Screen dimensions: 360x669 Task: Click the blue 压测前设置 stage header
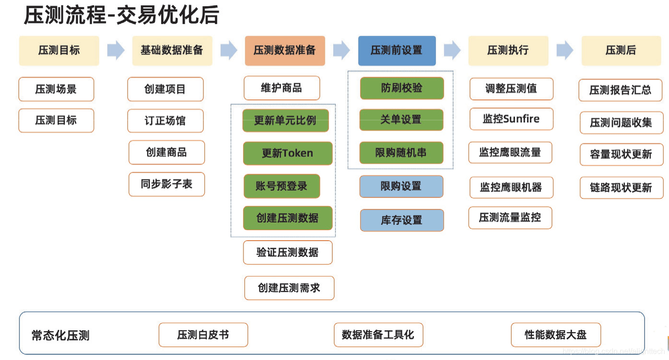pyautogui.click(x=397, y=50)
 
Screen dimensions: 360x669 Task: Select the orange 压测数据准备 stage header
pyautogui.click(x=284, y=50)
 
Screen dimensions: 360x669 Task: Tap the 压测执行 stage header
pyautogui.click(x=508, y=50)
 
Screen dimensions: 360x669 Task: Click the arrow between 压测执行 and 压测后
pyautogui.click(x=565, y=50)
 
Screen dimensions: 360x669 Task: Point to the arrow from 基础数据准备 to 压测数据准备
pyautogui.click(x=229, y=50)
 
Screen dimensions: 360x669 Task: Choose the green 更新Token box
pyautogui.click(x=287, y=153)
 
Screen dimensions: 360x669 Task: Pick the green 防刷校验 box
pyautogui.click(x=401, y=88)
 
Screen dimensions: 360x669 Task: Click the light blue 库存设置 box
pyautogui.click(x=401, y=220)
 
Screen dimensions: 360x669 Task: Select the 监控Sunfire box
pyautogui.click(x=511, y=119)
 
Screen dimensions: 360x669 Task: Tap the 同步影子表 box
pyautogui.click(x=166, y=184)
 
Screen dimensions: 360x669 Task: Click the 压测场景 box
pyautogui.click(x=56, y=89)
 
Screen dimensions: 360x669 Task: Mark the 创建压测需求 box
pyautogui.click(x=289, y=288)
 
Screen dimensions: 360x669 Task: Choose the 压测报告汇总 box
pyautogui.click(x=621, y=90)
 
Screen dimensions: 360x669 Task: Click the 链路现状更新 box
pyautogui.click(x=621, y=187)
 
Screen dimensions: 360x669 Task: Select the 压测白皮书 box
pyautogui.click(x=203, y=335)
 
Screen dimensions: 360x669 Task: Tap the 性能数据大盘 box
pyautogui.click(x=555, y=335)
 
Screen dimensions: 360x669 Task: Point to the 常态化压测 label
pyautogui.click(x=60, y=335)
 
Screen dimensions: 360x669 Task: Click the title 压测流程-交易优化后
pyautogui.click(x=121, y=16)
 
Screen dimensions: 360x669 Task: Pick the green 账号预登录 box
pyautogui.click(x=281, y=186)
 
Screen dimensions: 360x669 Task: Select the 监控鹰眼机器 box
pyautogui.click(x=511, y=187)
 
